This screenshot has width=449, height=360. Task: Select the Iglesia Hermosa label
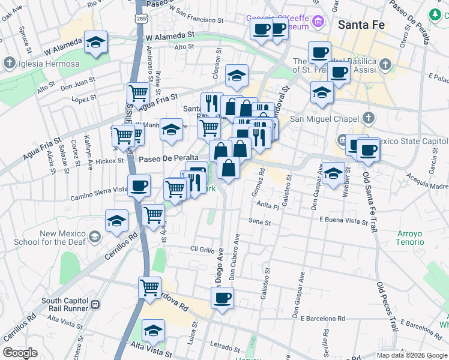point(41,64)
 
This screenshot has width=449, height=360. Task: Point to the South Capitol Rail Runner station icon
point(94,304)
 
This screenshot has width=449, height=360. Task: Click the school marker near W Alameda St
point(95,43)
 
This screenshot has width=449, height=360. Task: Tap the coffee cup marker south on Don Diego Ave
point(222,298)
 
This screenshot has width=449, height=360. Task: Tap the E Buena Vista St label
point(343,221)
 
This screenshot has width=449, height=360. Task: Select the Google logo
point(20,353)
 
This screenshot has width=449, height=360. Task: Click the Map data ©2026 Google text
point(412,355)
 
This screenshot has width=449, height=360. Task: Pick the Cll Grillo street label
point(202,249)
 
